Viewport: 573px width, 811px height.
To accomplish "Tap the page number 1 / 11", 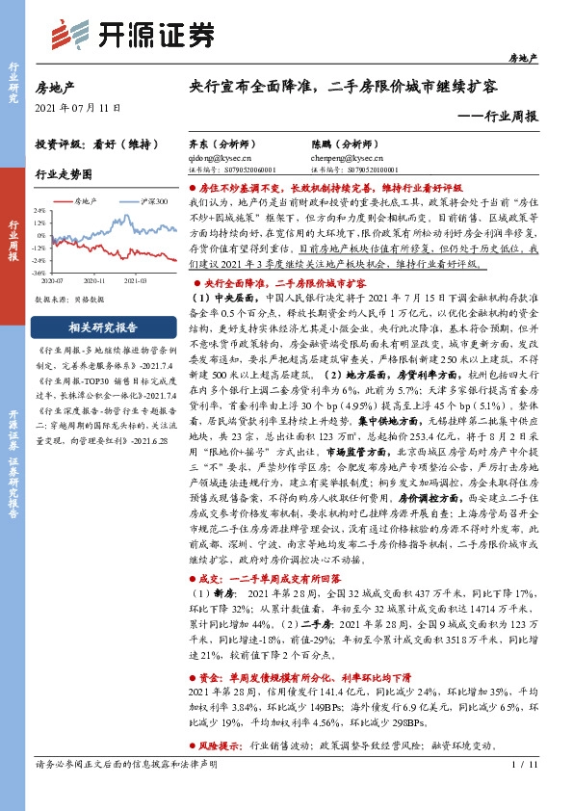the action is (527, 791).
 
